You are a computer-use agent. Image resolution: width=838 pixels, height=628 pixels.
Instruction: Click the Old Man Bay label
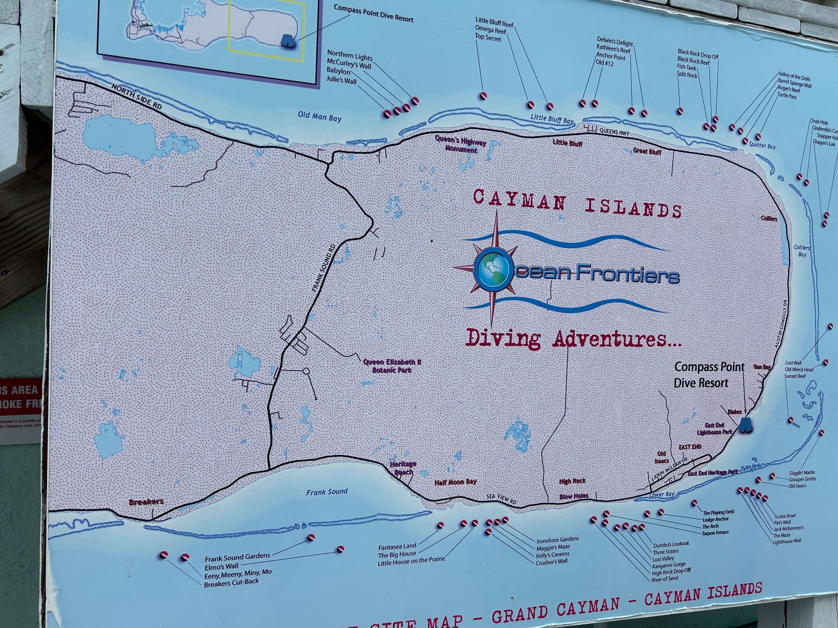319,117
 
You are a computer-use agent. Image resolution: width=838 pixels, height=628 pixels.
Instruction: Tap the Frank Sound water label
327,492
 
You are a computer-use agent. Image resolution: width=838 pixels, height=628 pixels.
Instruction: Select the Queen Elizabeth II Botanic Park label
392,366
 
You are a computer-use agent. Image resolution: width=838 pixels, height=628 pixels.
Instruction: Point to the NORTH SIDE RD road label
136,97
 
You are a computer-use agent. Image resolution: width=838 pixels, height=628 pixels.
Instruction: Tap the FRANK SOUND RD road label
323,268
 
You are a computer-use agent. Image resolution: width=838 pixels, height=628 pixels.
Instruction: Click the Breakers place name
146,502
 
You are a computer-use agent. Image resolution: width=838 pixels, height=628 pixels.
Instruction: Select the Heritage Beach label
403,468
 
